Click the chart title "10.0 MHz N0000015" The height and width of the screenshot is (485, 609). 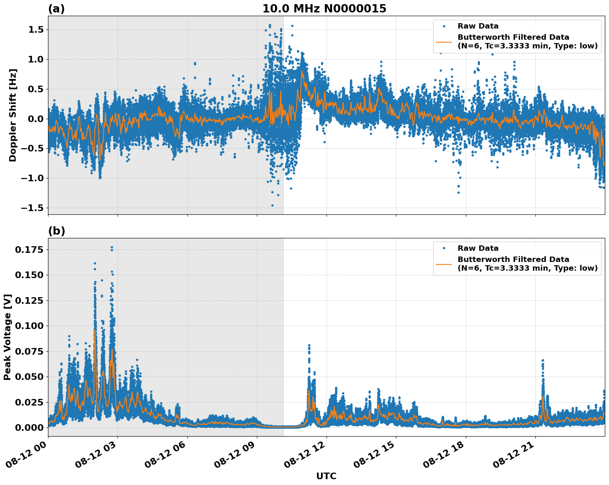click(x=324, y=9)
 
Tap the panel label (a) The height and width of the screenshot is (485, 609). click(x=56, y=9)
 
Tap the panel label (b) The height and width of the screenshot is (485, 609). click(x=56, y=231)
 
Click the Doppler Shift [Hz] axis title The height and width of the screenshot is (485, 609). click(x=13, y=115)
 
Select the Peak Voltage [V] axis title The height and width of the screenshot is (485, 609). click(x=7, y=337)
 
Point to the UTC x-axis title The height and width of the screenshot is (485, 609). click(x=326, y=476)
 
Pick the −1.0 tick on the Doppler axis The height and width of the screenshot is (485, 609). click(x=33, y=178)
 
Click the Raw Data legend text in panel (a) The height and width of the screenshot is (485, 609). click(x=478, y=26)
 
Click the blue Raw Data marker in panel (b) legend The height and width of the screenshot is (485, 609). click(x=444, y=248)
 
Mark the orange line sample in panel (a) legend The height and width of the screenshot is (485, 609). click(x=444, y=42)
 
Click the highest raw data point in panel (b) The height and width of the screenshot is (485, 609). click(x=112, y=247)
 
